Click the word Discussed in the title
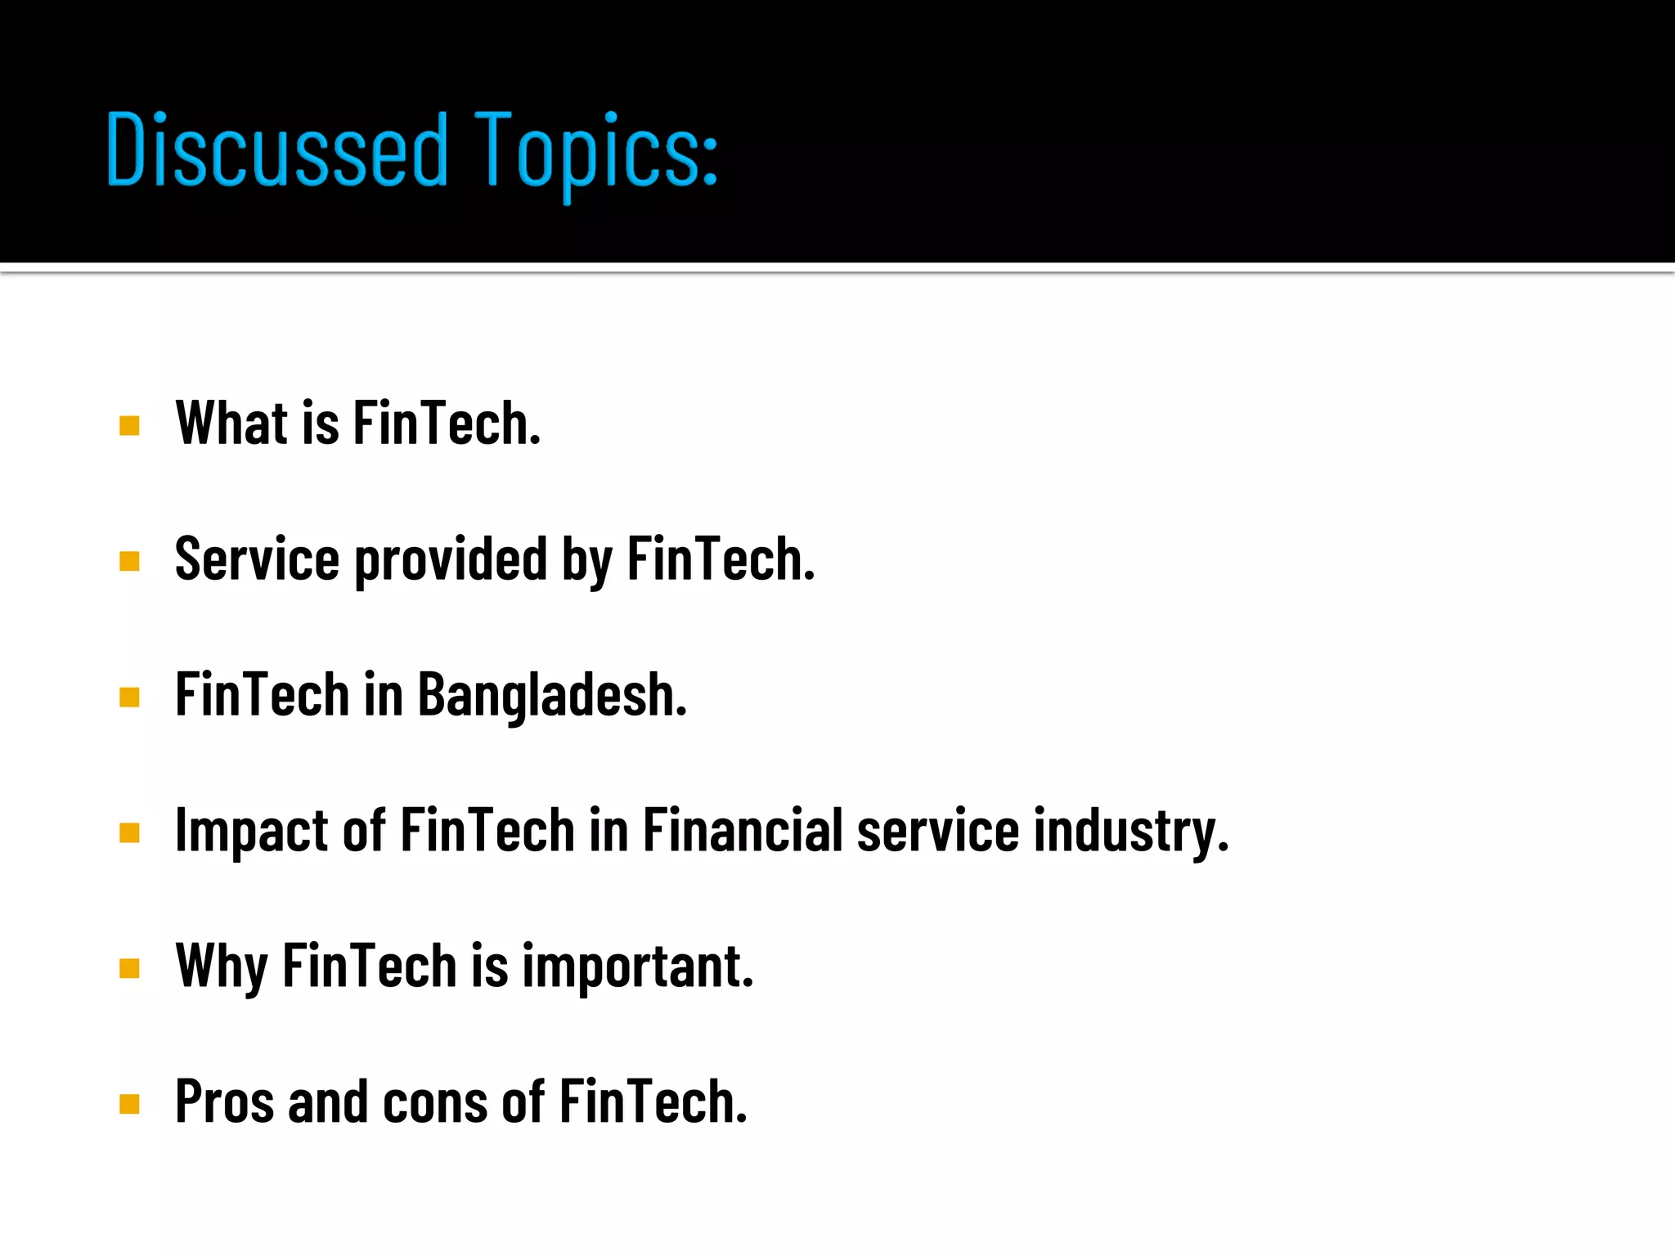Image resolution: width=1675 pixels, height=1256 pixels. (x=277, y=150)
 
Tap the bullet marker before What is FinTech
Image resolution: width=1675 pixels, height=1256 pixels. (x=129, y=425)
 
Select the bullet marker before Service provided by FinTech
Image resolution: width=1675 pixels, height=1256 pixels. (x=129, y=561)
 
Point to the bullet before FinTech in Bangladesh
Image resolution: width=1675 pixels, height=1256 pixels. (x=129, y=697)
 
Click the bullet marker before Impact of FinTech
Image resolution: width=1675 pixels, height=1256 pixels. (x=129, y=832)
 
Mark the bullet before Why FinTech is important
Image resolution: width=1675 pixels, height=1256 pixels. (x=129, y=968)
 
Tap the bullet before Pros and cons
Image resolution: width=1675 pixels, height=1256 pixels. (x=129, y=1104)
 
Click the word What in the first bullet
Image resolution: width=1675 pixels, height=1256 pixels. (x=231, y=424)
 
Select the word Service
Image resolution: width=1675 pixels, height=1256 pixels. (x=257, y=559)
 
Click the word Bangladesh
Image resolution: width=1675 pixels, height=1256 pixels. (x=552, y=695)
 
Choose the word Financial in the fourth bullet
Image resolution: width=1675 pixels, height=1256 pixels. (x=742, y=830)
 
